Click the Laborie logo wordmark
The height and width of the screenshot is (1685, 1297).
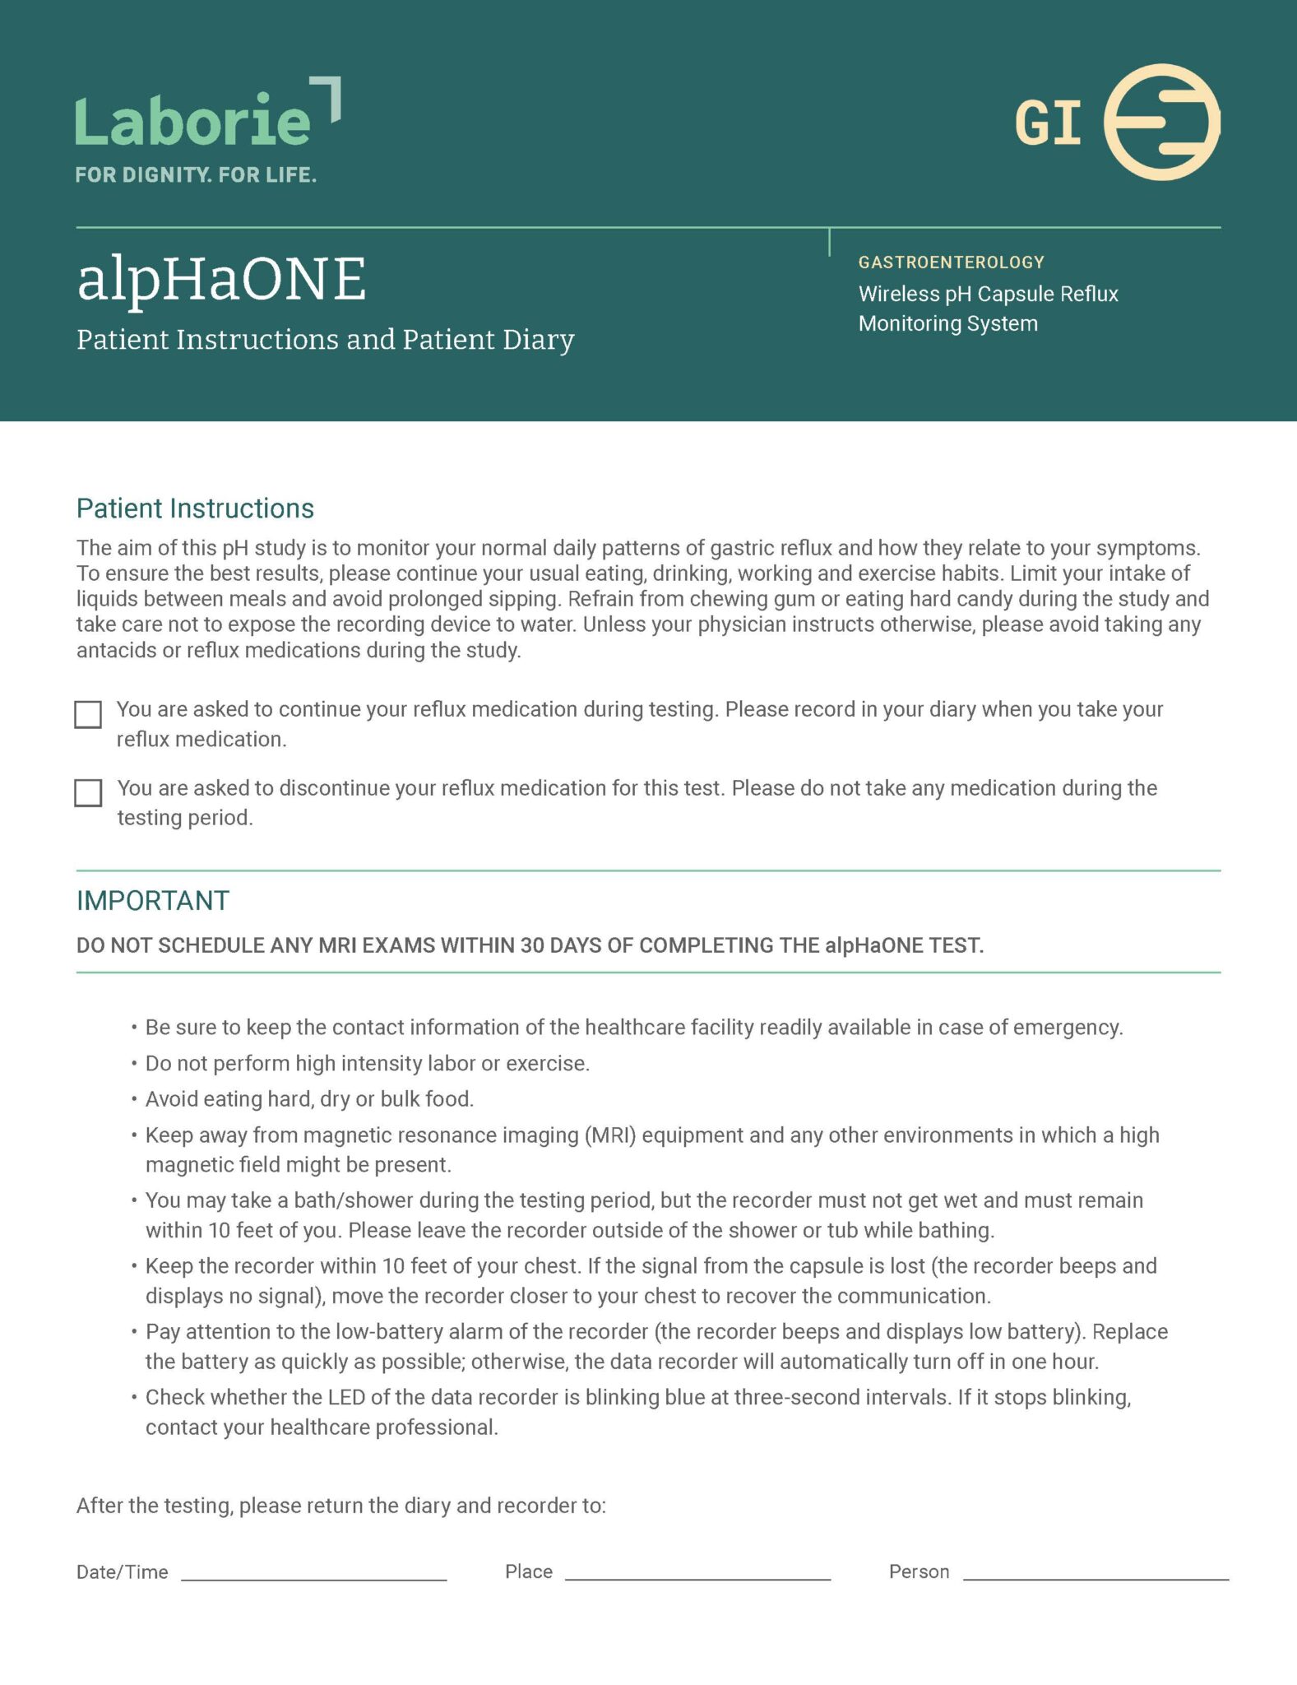(x=194, y=121)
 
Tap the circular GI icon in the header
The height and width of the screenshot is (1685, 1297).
(x=1160, y=123)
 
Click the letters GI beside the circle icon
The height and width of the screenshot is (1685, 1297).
(x=1047, y=124)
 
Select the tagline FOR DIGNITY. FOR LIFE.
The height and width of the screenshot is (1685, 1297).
(x=196, y=174)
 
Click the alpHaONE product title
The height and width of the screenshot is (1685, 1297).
(x=221, y=279)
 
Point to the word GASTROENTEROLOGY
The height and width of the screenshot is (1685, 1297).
(x=951, y=262)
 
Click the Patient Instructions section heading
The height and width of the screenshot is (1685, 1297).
(x=195, y=508)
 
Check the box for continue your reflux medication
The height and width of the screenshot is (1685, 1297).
(x=88, y=714)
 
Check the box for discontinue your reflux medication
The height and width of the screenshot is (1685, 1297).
(x=88, y=793)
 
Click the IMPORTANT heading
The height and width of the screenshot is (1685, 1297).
(x=153, y=901)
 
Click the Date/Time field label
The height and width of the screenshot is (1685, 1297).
(x=122, y=1572)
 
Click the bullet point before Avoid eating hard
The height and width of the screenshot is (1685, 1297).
(x=134, y=1100)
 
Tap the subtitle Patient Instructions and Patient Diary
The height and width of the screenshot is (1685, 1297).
(x=325, y=340)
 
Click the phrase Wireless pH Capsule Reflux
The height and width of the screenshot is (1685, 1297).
(x=988, y=294)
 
